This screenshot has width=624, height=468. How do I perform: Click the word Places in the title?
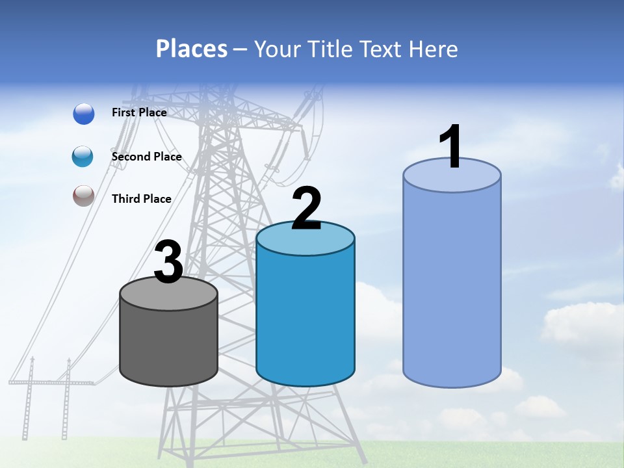(x=192, y=49)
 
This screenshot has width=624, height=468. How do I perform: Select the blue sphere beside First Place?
(x=84, y=114)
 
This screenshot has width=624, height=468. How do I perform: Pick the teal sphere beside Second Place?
(x=83, y=157)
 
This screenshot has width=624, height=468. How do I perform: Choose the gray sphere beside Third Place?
(x=84, y=196)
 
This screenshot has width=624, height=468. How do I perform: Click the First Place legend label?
(x=139, y=112)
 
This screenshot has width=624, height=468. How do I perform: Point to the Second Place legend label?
(x=146, y=157)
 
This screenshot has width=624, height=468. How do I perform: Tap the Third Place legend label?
(x=142, y=199)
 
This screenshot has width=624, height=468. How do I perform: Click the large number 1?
(x=451, y=147)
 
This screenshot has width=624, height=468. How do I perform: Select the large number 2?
(x=307, y=209)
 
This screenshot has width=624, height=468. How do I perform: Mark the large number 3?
(x=169, y=263)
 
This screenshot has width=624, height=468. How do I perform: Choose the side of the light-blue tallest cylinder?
(x=452, y=286)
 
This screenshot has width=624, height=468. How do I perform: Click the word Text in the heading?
(x=382, y=49)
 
